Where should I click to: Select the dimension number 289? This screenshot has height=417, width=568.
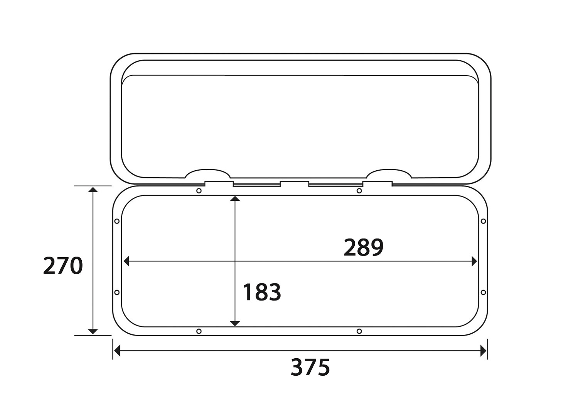click(363, 247)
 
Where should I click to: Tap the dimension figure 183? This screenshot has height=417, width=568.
click(262, 292)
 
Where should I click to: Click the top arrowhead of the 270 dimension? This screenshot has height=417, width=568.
click(93, 190)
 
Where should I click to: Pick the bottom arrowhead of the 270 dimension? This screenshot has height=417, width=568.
click(93, 331)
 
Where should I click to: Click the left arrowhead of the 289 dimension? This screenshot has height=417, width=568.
click(126, 261)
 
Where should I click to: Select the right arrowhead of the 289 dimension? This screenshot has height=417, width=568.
click(474, 261)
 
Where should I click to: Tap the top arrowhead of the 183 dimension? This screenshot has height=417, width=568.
click(235, 198)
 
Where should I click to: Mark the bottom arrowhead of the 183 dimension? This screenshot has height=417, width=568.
click(235, 324)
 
